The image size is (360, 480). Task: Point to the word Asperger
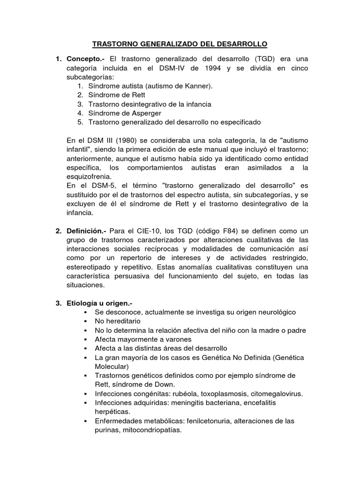146,113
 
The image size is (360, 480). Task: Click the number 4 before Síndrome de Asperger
80,113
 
